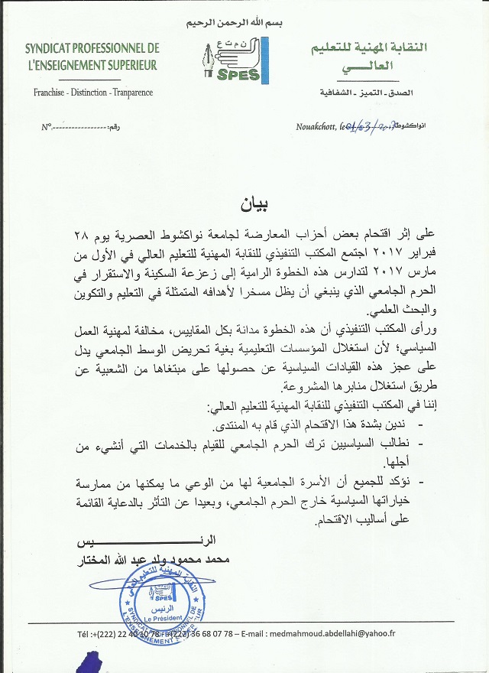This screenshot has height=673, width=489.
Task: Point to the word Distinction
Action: click(x=94, y=93)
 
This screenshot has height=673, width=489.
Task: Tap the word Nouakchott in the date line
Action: click(x=317, y=126)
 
